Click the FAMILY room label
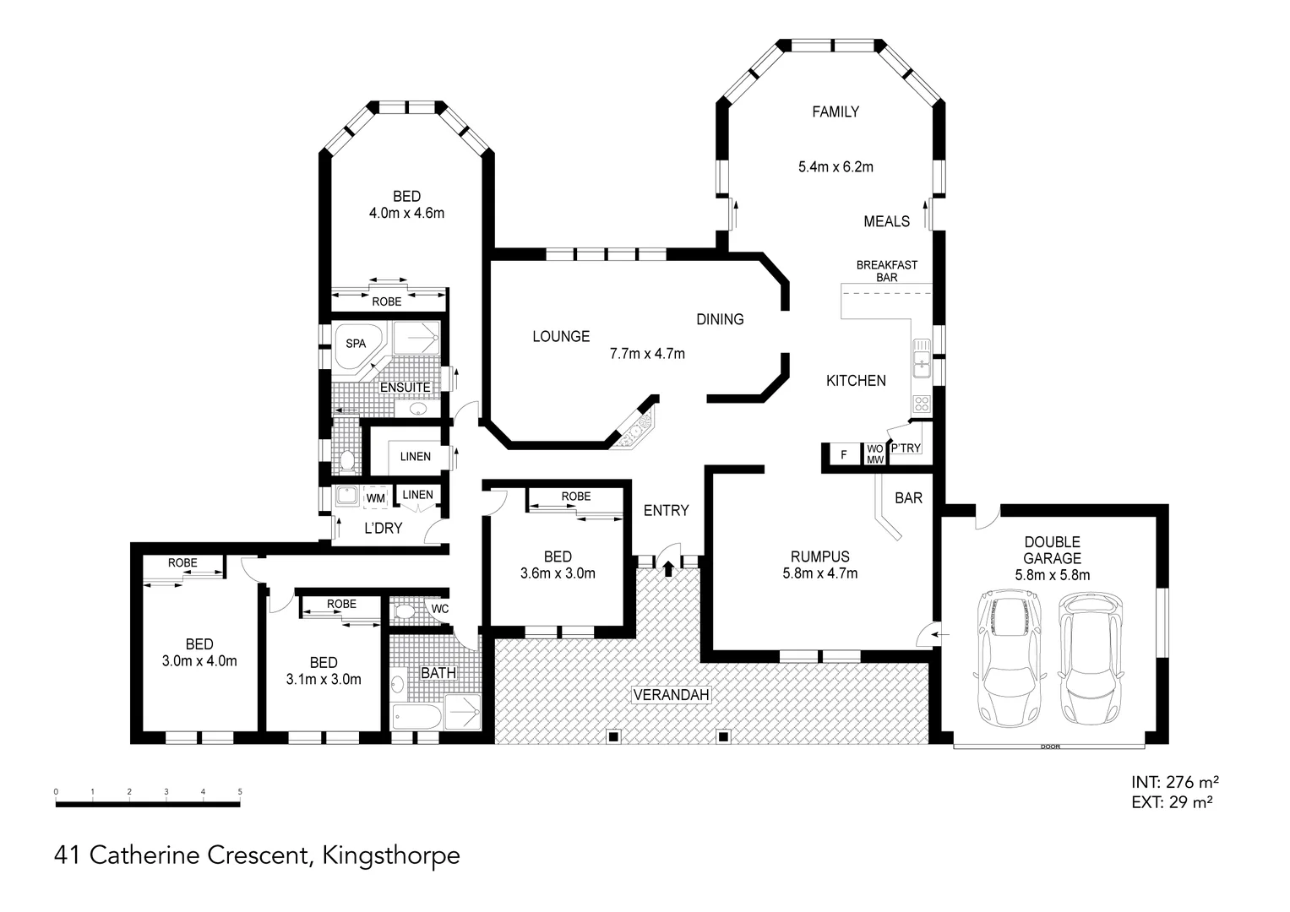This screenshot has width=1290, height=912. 835,111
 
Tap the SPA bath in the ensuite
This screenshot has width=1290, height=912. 357,345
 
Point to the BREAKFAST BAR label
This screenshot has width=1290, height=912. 886,271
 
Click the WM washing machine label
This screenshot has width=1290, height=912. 375,499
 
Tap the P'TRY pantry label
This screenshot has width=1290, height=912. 906,448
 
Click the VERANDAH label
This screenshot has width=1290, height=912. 672,695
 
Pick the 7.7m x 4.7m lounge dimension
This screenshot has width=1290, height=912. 647,354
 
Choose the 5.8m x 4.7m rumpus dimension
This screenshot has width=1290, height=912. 819,574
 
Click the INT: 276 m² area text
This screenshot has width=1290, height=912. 1173,782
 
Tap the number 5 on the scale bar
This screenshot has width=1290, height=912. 241,792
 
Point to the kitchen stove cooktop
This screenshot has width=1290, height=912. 921,404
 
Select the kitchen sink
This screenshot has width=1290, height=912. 921,366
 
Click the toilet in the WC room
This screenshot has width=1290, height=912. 406,611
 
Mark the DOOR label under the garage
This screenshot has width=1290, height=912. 1050,747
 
